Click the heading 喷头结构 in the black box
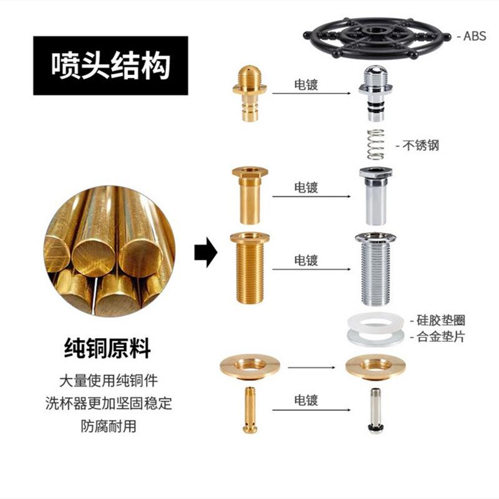(110, 65)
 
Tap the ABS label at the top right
(474, 36)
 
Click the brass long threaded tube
(249, 266)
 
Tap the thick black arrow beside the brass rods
(204, 253)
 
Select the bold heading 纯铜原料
(108, 348)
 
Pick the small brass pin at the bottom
(249, 410)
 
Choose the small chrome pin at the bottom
(375, 410)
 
